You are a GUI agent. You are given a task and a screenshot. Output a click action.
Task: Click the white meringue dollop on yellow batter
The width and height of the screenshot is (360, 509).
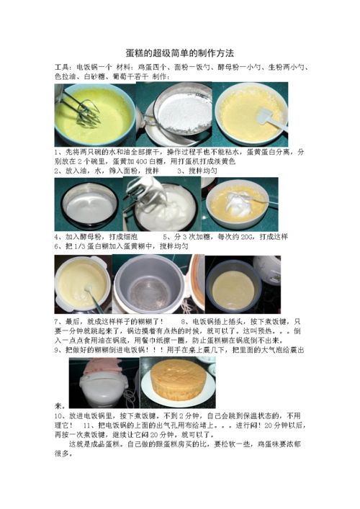tap(238, 197)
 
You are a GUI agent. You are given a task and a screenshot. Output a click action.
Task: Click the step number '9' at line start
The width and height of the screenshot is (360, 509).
tap(56, 349)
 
